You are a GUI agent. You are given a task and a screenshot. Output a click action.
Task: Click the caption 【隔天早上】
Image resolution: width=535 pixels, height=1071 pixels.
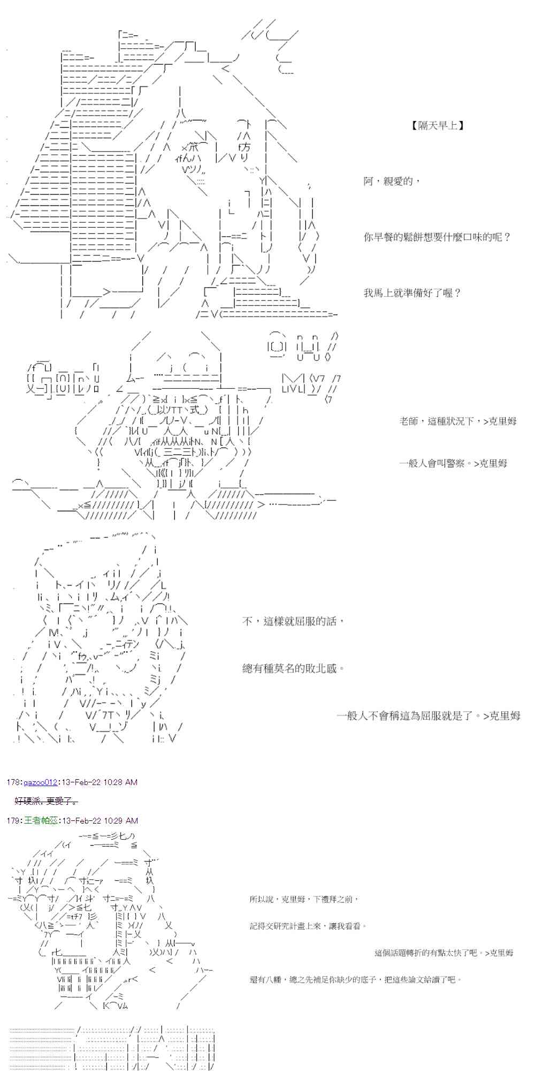(x=438, y=126)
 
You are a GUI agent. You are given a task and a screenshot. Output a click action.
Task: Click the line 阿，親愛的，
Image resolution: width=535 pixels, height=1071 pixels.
(x=392, y=182)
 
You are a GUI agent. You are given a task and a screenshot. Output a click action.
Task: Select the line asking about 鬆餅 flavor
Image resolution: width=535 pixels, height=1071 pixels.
(x=437, y=237)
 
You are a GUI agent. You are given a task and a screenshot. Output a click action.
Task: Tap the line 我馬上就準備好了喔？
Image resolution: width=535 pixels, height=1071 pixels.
(x=412, y=293)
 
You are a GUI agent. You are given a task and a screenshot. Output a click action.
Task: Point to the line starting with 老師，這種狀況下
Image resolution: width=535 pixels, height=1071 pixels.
(x=457, y=421)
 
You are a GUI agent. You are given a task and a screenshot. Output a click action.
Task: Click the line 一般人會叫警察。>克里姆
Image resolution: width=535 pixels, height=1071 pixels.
(x=453, y=464)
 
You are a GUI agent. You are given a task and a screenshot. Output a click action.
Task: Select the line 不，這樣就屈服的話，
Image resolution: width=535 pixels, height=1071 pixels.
(x=293, y=621)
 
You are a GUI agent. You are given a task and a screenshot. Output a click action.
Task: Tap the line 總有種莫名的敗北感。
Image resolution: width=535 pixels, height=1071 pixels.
(x=293, y=668)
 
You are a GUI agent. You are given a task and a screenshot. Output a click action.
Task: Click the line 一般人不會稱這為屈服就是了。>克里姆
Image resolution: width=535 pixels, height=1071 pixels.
(x=428, y=716)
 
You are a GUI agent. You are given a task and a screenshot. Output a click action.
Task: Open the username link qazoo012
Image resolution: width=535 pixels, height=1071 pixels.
(x=40, y=782)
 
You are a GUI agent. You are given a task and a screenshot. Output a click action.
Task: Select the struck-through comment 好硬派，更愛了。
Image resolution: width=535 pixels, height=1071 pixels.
(x=47, y=801)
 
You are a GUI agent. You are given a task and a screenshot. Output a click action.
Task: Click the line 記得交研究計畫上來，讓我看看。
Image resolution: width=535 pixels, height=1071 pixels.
(x=308, y=926)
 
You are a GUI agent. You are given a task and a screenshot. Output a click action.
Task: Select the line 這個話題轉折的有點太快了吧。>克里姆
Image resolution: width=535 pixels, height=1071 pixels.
(x=444, y=953)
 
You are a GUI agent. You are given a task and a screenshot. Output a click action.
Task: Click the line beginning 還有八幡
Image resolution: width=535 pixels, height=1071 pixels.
(x=355, y=979)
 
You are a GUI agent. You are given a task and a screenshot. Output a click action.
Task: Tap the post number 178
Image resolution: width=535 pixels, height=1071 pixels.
(x=13, y=782)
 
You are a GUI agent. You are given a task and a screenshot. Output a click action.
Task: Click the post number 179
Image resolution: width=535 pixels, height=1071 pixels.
(x=13, y=821)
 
